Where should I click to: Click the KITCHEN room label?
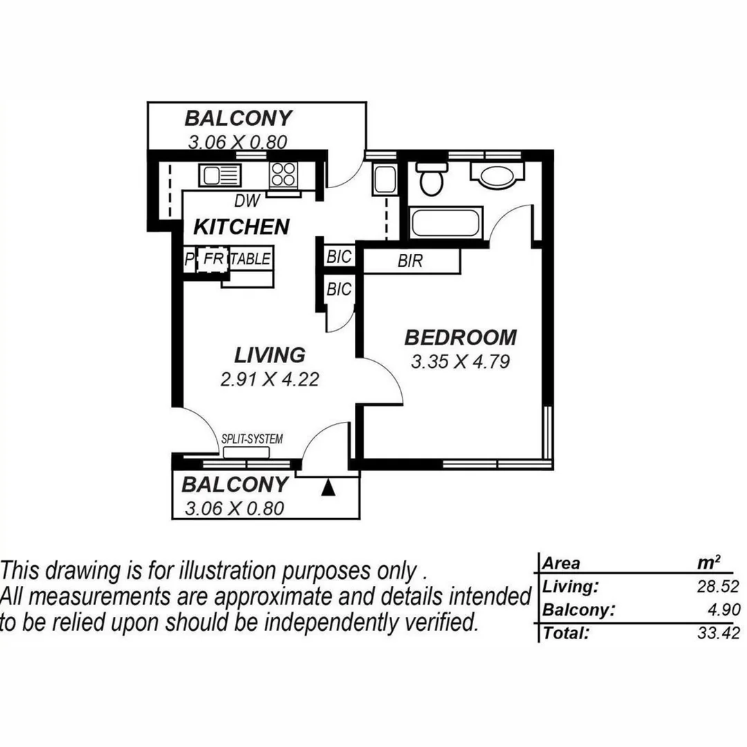(x=241, y=226)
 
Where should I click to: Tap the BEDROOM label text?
(x=461, y=338)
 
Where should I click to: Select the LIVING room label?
(x=270, y=355)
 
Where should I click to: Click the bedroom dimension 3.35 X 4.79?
(x=461, y=362)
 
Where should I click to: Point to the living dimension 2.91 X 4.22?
(x=270, y=379)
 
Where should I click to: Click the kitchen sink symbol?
(x=220, y=175)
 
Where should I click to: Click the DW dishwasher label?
(x=246, y=201)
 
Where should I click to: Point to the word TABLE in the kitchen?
(x=250, y=259)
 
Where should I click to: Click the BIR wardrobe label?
(x=410, y=262)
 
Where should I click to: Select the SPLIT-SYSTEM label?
(x=252, y=439)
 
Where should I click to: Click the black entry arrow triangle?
(x=329, y=488)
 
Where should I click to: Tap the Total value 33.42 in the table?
(x=719, y=632)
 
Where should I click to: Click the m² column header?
(x=709, y=562)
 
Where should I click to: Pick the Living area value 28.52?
(x=719, y=587)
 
